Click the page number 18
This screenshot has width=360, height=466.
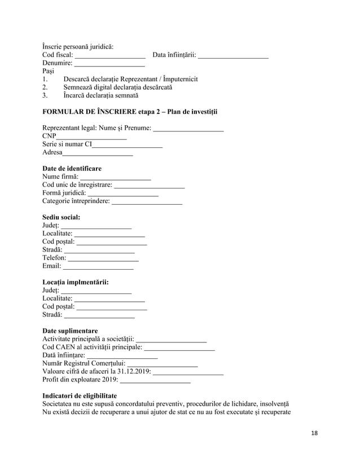[x=314, y=432]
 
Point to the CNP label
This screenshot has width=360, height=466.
[x=49, y=136]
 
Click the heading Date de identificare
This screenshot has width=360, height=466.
[x=72, y=168]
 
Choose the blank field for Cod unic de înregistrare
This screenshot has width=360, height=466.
[x=150, y=185]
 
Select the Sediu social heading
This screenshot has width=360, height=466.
[x=61, y=217]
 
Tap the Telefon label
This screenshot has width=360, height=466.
[x=54, y=258]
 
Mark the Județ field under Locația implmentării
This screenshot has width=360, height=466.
[x=96, y=291]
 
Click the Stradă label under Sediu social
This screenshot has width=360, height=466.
[x=52, y=249]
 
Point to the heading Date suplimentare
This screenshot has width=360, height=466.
[x=70, y=331]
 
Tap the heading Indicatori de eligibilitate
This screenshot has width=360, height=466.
[x=80, y=396]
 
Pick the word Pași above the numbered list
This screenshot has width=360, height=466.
[x=49, y=72]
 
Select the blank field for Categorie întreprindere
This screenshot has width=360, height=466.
[x=147, y=201]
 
